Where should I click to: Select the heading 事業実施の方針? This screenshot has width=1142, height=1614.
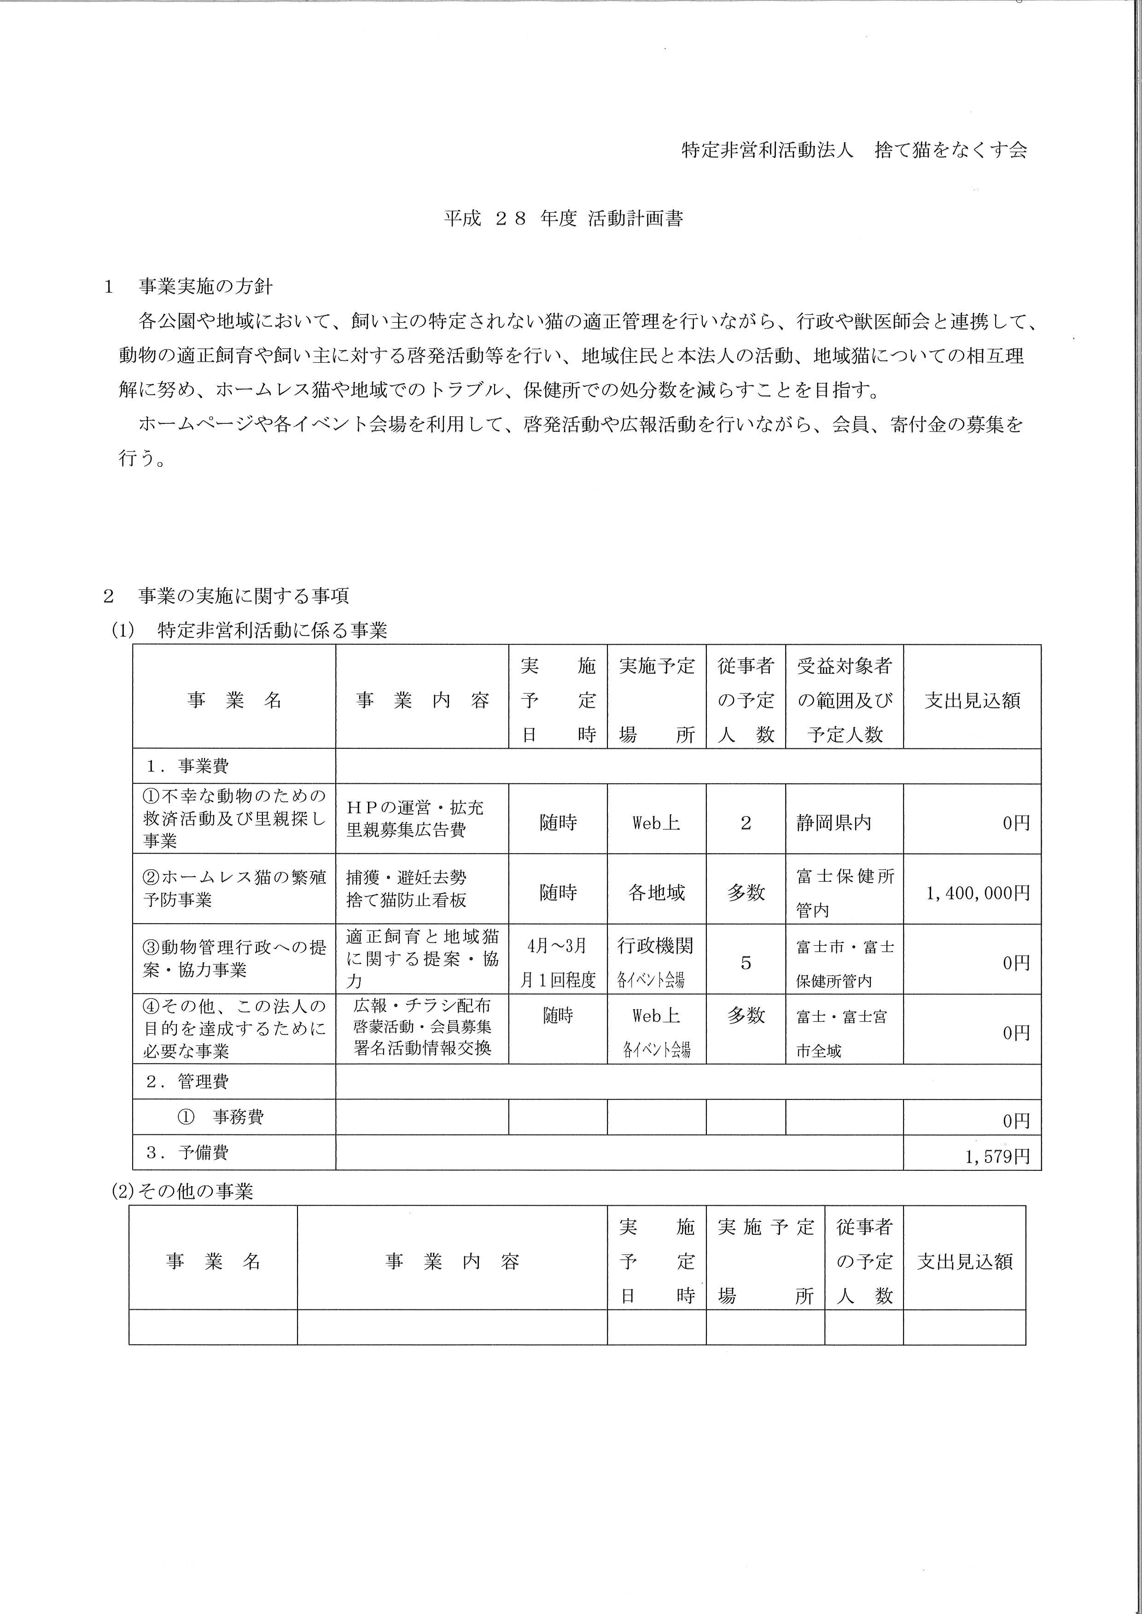[x=205, y=287]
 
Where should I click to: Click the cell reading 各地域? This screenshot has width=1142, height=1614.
[x=656, y=893]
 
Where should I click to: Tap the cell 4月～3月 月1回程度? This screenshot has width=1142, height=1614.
[x=558, y=962]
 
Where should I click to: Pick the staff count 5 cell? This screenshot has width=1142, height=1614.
[x=746, y=962]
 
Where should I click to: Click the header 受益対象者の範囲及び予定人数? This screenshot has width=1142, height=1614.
[x=844, y=700]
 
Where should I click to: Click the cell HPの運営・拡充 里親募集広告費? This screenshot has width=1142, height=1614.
[x=415, y=819]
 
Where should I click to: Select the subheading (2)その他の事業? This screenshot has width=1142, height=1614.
[x=183, y=1191]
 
